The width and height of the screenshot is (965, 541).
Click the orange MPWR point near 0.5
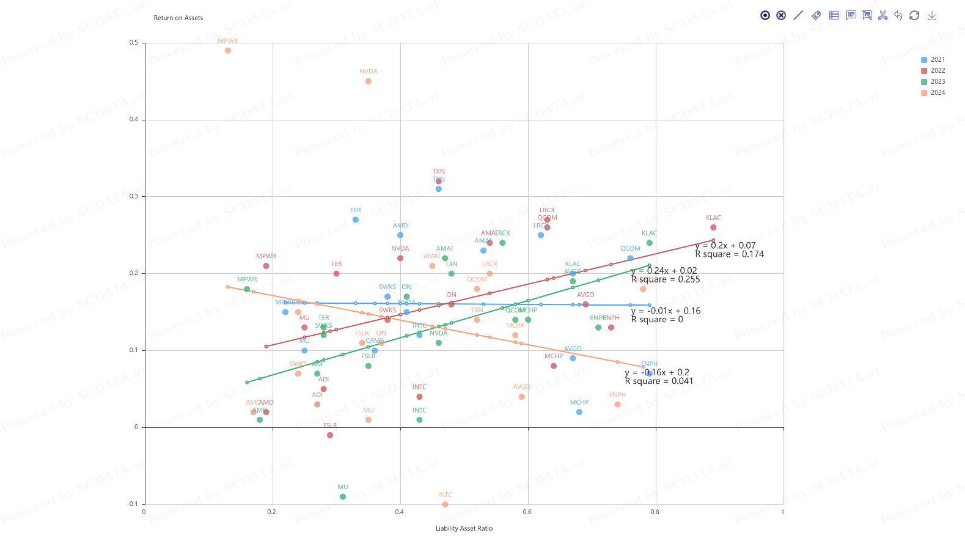pos(228,51)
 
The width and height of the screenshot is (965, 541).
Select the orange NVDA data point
pos(369,81)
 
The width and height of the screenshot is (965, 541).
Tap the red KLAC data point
pos(713,227)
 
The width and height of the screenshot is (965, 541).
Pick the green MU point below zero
pos(343,497)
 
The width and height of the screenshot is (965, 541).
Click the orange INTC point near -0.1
pos(445,504)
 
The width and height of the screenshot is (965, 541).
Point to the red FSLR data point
pos(330,435)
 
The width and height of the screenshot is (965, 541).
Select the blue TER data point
pos(356,220)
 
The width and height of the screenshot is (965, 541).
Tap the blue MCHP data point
pos(579,412)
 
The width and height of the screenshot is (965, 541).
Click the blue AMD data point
pos(400,235)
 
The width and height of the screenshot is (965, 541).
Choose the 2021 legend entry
pos(933,60)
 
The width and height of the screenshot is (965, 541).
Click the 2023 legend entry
pos(933,82)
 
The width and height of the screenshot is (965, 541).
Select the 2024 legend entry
pos(933,93)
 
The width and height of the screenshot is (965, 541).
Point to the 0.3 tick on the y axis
pos(134,196)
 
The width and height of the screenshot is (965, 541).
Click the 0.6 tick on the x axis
pos(527,512)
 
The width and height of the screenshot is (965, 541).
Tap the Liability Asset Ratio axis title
pos(464,529)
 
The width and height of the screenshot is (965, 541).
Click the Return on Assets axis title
pos(178,18)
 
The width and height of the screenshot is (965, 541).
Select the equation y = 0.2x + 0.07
pos(725,246)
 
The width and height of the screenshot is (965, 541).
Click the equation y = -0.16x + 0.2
pos(657,372)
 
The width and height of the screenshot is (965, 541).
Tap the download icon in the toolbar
pos(932,16)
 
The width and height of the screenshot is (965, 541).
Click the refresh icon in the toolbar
pos(914,16)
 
